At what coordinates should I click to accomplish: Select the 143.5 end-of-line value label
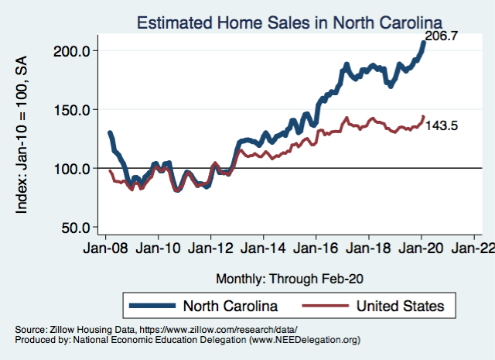(443, 125)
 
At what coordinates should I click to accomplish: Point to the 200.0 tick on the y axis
(76, 50)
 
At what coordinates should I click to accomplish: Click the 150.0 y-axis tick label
(76, 109)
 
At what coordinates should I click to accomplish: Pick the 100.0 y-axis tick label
(76, 168)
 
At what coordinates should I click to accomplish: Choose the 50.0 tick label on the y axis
(79, 228)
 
